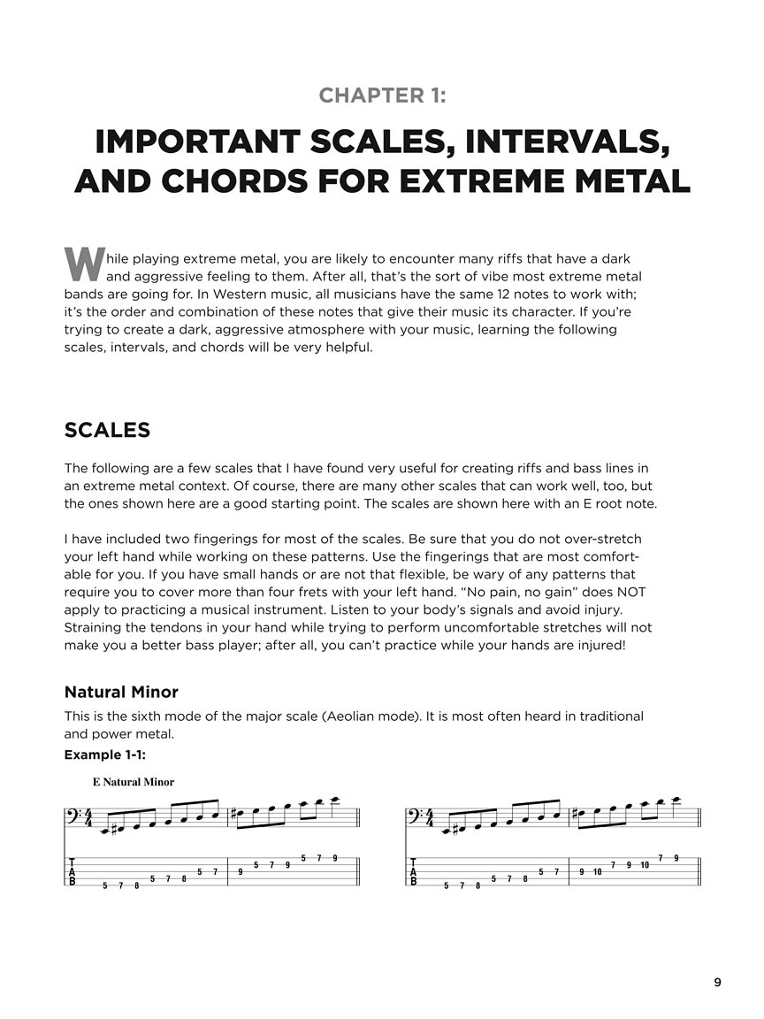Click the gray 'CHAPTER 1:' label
point(382,96)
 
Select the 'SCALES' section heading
point(107,431)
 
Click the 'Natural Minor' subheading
point(121,692)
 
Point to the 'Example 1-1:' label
point(104,755)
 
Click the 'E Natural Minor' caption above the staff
point(133,782)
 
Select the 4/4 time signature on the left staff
point(88,819)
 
